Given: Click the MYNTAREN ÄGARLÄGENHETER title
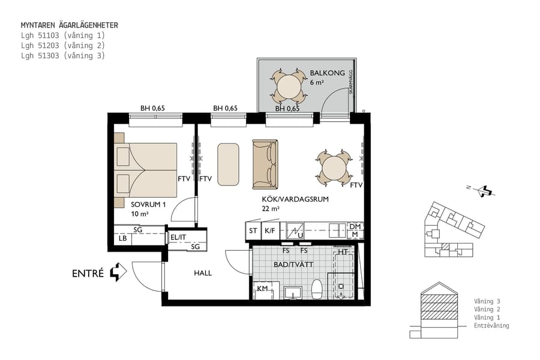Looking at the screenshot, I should pyautogui.click(x=69, y=25).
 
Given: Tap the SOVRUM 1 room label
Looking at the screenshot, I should pyautogui.click(x=147, y=204).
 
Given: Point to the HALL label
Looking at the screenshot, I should pyautogui.click(x=203, y=273).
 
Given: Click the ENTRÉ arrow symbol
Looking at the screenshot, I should pyautogui.click(x=119, y=272).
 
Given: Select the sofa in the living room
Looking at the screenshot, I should pyautogui.click(x=265, y=164).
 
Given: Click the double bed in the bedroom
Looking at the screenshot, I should pyautogui.click(x=147, y=170).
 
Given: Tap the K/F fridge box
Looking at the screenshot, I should pyautogui.click(x=269, y=230).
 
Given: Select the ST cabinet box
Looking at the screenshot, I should pyautogui.click(x=253, y=230).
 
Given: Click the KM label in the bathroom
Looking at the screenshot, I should pyautogui.click(x=262, y=289).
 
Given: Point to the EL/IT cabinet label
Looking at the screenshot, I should pyautogui.click(x=179, y=237).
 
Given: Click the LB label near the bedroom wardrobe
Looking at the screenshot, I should pyautogui.click(x=123, y=238).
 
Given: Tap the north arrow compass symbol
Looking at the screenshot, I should pyautogui.click(x=484, y=191).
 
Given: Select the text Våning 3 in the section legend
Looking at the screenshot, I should pyautogui.click(x=487, y=301).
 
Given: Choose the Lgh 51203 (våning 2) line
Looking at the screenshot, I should pyautogui.click(x=62, y=45).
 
